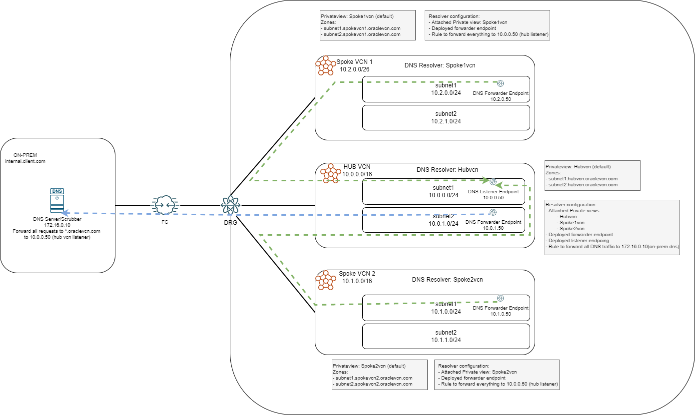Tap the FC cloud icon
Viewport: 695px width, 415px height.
[x=165, y=205]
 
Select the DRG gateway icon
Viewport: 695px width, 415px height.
[x=230, y=205]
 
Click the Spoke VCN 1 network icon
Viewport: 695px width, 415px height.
[x=326, y=65]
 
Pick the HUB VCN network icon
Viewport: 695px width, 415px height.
[x=330, y=173]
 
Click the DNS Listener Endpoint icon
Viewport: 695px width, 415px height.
[x=493, y=182]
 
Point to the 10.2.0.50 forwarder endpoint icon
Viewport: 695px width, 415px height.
[x=501, y=83]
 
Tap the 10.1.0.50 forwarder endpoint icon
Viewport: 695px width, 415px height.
[x=500, y=298]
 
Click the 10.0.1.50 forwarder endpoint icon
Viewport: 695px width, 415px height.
[x=493, y=212]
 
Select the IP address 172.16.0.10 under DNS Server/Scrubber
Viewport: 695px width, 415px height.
[x=57, y=226]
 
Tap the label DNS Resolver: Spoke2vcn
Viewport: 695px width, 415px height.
[x=440, y=280]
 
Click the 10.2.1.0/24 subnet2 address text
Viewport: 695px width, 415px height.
[x=446, y=121]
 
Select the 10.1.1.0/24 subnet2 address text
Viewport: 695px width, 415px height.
[x=446, y=340]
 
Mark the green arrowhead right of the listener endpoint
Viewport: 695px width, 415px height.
[x=499, y=185]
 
